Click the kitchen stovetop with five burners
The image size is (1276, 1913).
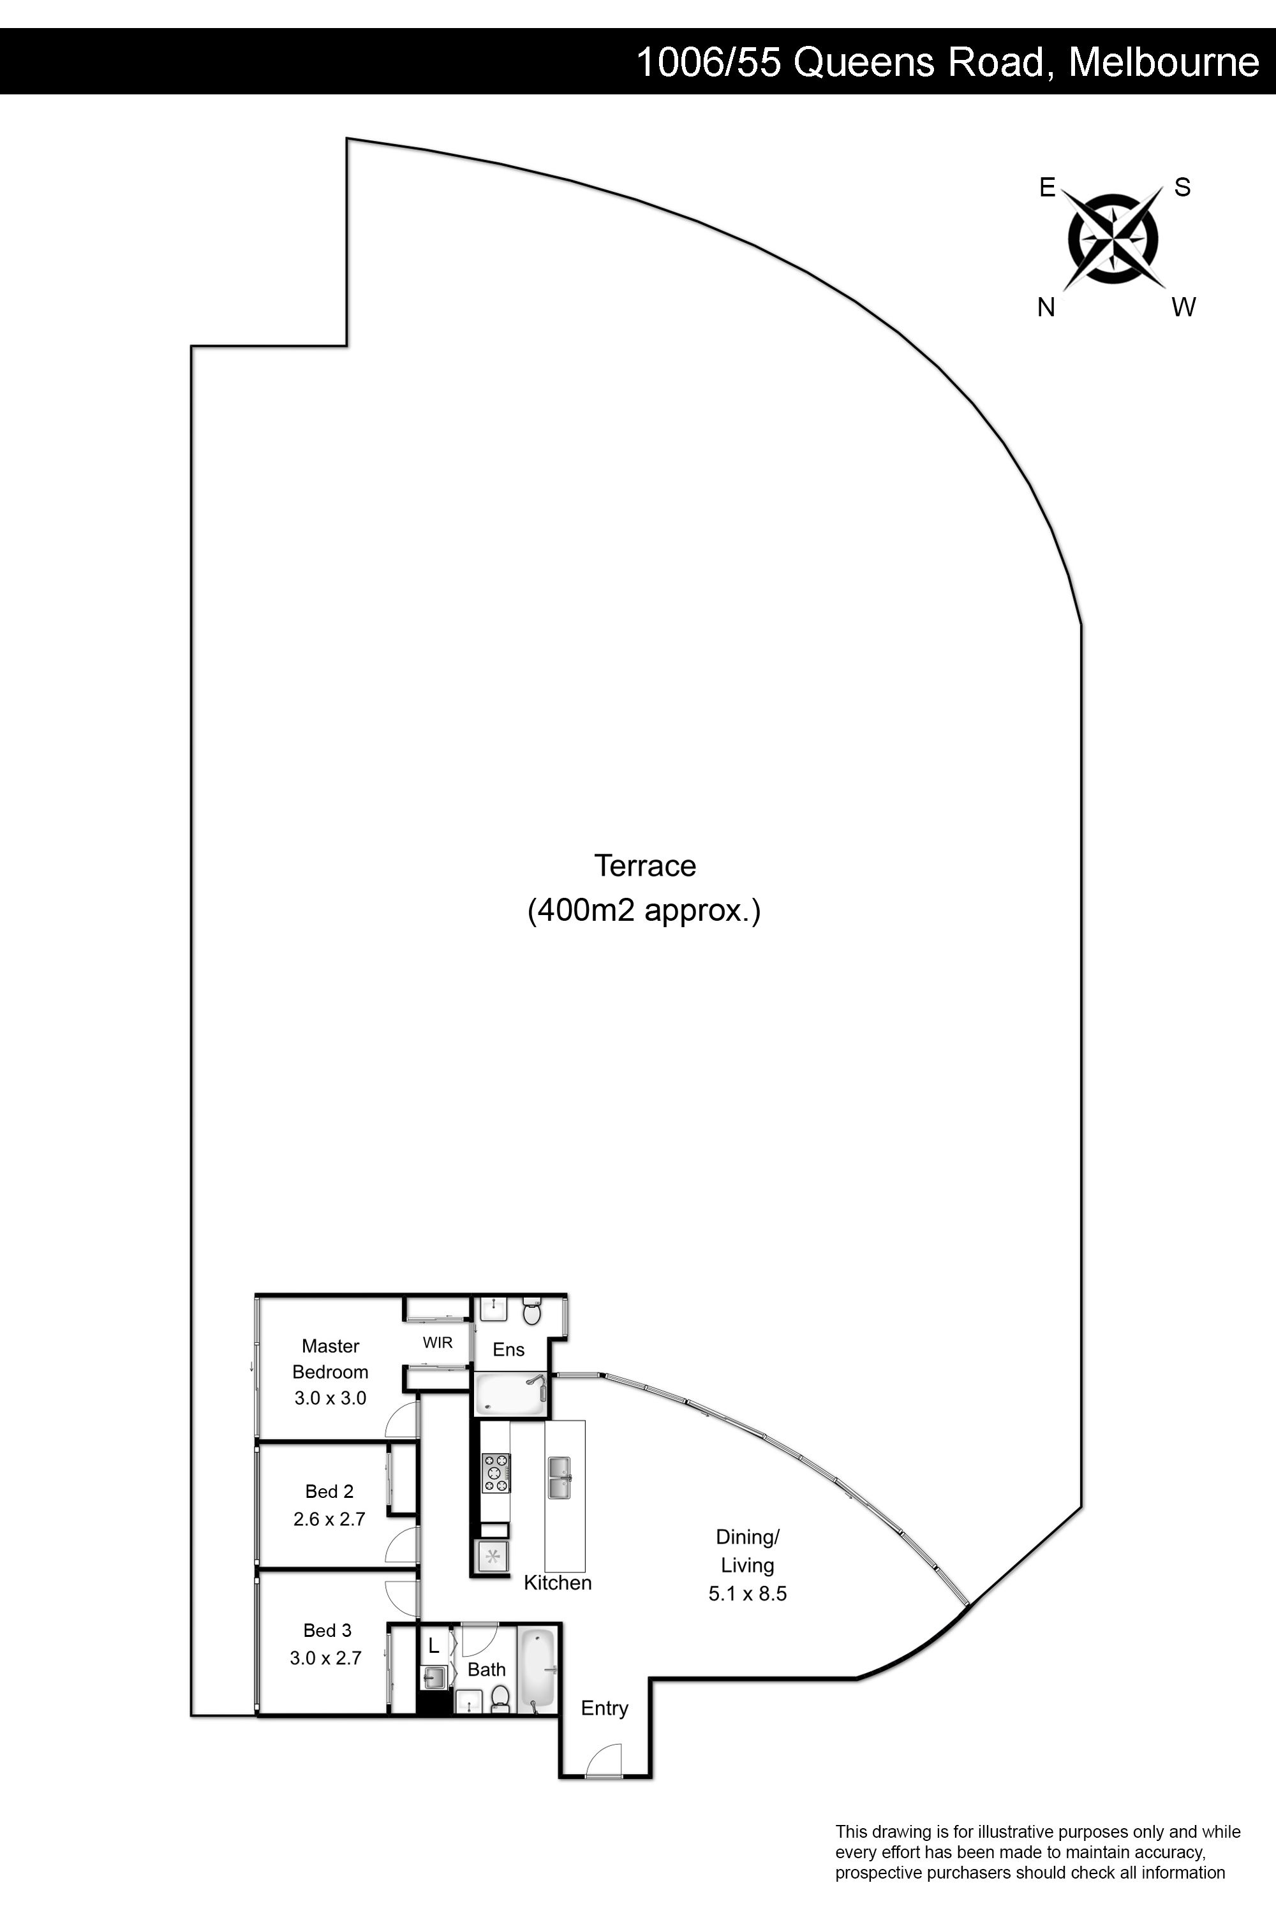pyautogui.click(x=496, y=1473)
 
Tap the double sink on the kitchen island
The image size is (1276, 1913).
pyautogui.click(x=559, y=1476)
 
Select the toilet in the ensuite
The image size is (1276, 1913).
pyautogui.click(x=531, y=1310)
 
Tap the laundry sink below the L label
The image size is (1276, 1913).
pyautogui.click(x=434, y=1677)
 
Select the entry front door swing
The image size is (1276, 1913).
pyautogui.click(x=604, y=1760)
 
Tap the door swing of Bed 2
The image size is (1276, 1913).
pyautogui.click(x=401, y=1545)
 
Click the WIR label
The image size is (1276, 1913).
pyautogui.click(x=437, y=1343)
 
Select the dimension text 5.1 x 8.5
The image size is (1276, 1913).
pyautogui.click(x=747, y=1594)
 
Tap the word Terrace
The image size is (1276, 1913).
pyautogui.click(x=644, y=865)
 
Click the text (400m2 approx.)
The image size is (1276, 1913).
pyautogui.click(x=644, y=910)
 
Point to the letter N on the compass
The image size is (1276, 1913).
pyautogui.click(x=1046, y=307)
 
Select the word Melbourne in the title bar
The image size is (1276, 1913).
pyautogui.click(x=1164, y=62)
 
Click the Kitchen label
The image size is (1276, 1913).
pyautogui.click(x=558, y=1582)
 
